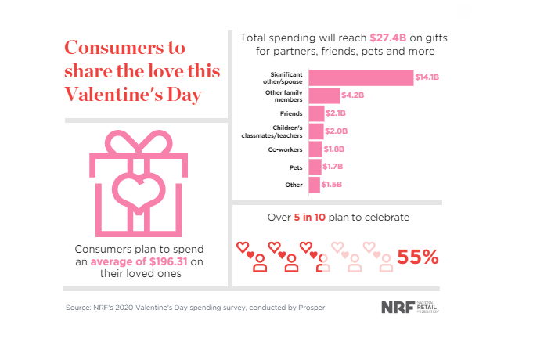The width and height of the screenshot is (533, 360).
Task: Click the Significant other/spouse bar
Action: [x=361, y=77]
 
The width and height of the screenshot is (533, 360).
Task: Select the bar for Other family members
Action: [x=325, y=95]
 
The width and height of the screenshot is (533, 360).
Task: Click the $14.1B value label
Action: [x=427, y=77]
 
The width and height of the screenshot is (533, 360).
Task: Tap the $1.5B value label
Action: [x=332, y=185]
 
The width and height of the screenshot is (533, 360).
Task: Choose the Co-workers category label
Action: [x=285, y=149]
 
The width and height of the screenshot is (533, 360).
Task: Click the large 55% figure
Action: [x=418, y=257]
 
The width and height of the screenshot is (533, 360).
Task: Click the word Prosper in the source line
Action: [x=308, y=308]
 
